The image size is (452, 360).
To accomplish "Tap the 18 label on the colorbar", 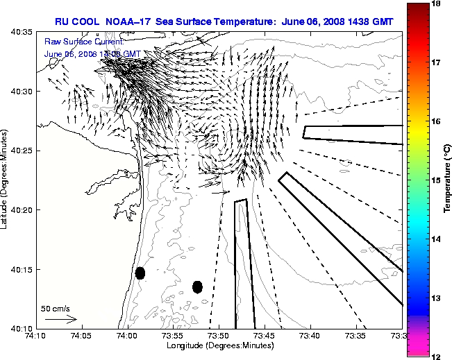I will [x=437, y=3].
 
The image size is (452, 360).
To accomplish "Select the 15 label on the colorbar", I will [x=437, y=180].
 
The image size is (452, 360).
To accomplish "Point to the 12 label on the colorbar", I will [x=437, y=356].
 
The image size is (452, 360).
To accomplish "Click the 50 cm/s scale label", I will [x=56, y=308].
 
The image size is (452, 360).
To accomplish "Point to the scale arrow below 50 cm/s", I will [x=60, y=319].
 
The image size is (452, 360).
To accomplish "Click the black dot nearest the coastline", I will [x=140, y=273].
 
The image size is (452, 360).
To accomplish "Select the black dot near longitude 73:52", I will [x=197, y=286].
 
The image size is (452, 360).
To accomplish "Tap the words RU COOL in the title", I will [x=76, y=22].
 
